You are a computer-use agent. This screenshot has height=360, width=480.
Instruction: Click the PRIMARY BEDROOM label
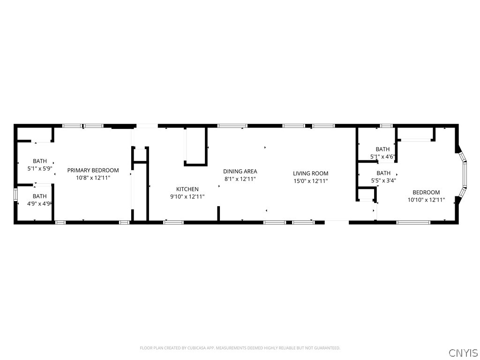pos(93,170)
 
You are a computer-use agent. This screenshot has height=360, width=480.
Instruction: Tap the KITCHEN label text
pos(187,189)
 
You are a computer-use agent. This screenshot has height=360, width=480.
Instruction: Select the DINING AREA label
pos(240,172)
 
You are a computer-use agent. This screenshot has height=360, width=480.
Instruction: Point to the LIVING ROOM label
pos(311,173)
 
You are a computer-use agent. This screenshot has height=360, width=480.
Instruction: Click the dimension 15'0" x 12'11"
pos(311,181)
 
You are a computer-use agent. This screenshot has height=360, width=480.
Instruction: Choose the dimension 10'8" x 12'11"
pos(93,178)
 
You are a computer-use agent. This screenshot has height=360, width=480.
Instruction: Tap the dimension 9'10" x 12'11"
pos(187,197)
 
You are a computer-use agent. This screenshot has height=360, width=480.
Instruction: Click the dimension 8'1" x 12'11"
pos(240,179)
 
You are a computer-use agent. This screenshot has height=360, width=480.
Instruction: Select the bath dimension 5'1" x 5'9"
pos(39,169)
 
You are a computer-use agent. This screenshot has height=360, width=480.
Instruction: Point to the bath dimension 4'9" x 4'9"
pos(39,203)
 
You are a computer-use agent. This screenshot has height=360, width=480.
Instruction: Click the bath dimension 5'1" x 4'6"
pos(382,157)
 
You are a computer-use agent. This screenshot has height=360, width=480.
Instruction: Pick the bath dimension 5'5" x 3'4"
pos(383,180)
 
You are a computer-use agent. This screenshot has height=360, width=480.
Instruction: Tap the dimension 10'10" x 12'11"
pos(426,200)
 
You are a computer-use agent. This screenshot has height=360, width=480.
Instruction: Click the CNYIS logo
pos(463,352)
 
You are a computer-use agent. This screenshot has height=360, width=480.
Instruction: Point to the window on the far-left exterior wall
pos(15,194)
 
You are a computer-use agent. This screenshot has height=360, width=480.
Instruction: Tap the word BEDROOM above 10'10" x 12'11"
pos(426,192)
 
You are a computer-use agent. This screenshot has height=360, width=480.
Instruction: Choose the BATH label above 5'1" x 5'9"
pos(39,161)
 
